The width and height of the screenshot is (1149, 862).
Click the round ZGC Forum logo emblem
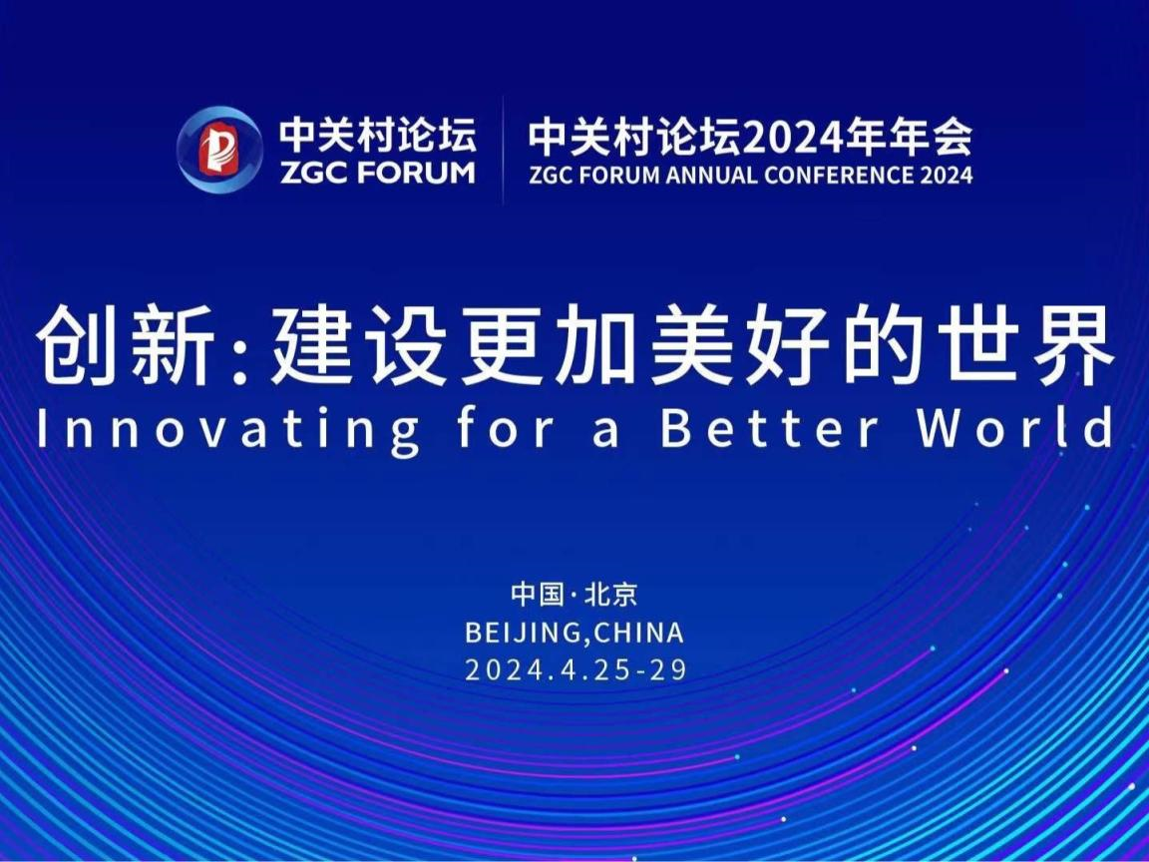[x=219, y=150]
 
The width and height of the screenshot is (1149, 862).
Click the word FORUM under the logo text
[x=417, y=173]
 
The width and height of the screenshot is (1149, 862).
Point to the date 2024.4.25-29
[x=576, y=670]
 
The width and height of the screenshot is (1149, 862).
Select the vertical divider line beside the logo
[x=503, y=150]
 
